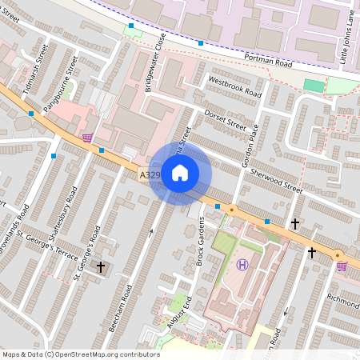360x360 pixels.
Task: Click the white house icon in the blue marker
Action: pyautogui.click(x=180, y=173)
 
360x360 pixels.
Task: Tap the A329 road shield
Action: pyautogui.click(x=150, y=174)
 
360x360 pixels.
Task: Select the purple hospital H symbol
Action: pyautogui.click(x=242, y=264)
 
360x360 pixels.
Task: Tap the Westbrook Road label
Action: pyautogui.click(x=234, y=87)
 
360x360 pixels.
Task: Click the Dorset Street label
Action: pyautogui.click(x=225, y=119)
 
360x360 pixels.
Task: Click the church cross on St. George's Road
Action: pyautogui.click(x=100, y=266)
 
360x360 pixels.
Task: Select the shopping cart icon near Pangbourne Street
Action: pyautogui.click(x=87, y=137)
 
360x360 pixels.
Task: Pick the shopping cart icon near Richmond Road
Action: pyautogui.click(x=342, y=265)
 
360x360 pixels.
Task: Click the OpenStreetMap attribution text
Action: pyautogui.click(x=81, y=354)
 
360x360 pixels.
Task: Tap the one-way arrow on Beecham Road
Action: pyautogui.click(x=151, y=233)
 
